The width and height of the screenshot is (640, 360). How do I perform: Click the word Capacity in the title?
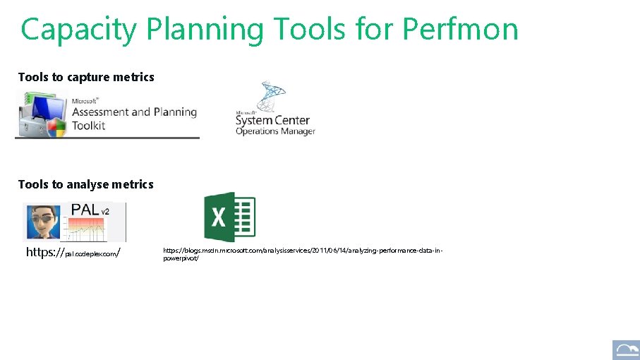pos(78,30)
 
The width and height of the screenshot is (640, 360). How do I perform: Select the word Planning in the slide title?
pos(204,30)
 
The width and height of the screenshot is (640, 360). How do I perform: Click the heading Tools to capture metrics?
pos(86,77)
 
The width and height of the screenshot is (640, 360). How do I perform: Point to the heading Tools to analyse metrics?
pos(85,184)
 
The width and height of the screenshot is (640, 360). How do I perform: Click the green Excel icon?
pos(229,217)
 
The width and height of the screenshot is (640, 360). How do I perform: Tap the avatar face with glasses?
pos(42,222)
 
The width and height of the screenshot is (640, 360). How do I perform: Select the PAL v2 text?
pos(90,210)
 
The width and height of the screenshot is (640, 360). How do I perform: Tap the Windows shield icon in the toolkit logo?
pos(56,127)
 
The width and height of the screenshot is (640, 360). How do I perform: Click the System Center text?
pos(272,120)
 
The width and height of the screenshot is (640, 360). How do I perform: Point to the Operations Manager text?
pos(275,131)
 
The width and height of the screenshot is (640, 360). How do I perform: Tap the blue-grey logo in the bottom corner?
pos(625,349)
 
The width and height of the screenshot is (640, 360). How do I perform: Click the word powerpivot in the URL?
pos(181,258)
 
